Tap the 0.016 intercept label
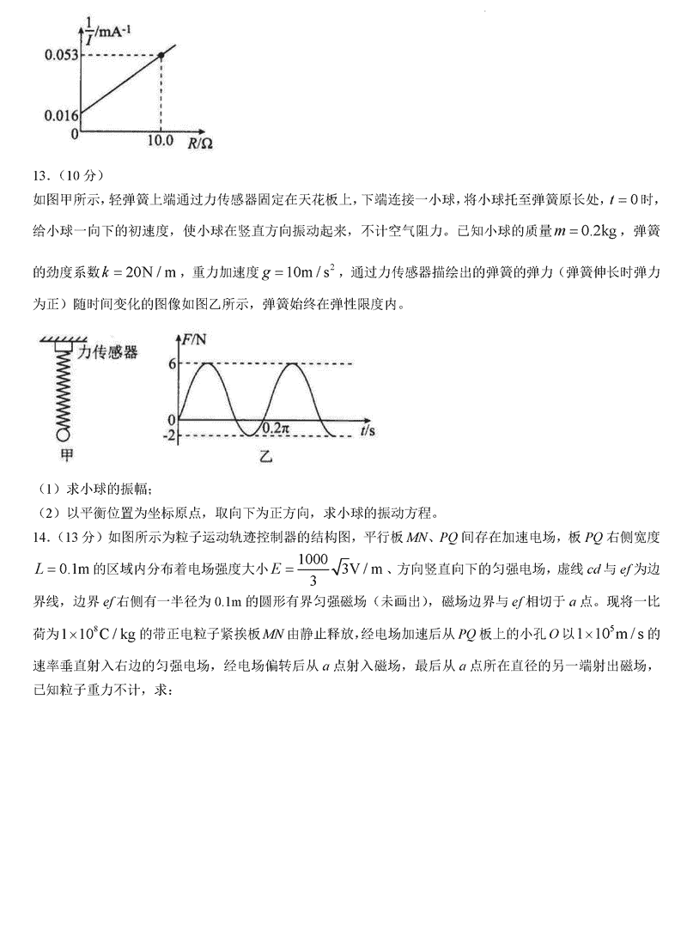(x=62, y=113)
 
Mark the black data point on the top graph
(x=161, y=56)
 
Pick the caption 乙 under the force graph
(x=264, y=458)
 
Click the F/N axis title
(x=196, y=339)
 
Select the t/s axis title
(x=370, y=429)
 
